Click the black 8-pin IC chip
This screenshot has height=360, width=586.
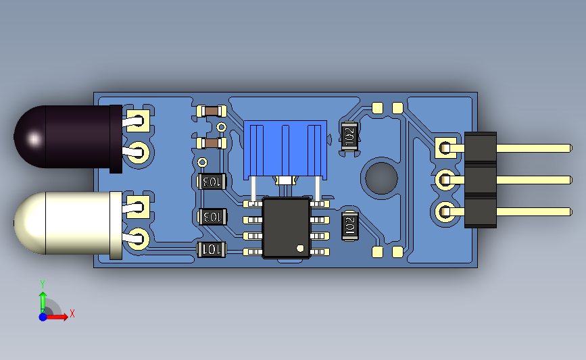(x=286, y=228)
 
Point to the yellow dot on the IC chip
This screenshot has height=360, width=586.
(x=300, y=247)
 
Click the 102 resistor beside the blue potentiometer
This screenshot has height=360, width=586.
(x=349, y=135)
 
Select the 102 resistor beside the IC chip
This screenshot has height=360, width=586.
(x=349, y=225)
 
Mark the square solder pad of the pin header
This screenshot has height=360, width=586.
(x=445, y=147)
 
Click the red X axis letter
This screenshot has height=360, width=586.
(x=72, y=313)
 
